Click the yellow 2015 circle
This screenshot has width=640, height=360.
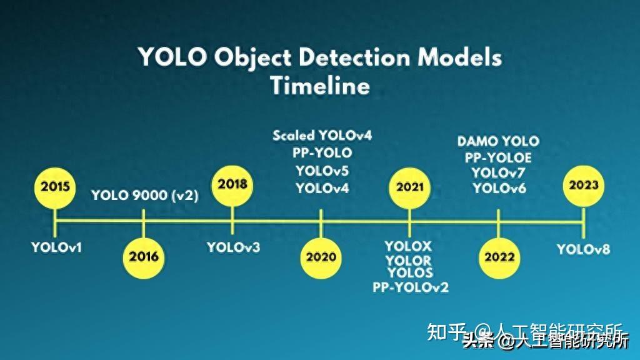tap(56, 186)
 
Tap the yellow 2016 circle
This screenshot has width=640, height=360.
tap(144, 256)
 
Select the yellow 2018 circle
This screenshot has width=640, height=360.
tap(232, 184)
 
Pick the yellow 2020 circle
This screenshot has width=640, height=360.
tap(321, 257)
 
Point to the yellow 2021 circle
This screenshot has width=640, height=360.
tap(410, 187)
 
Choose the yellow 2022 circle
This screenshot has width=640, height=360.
tap(499, 257)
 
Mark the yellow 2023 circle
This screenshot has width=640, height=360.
tap(583, 185)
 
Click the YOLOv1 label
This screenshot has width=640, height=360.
tap(57, 247)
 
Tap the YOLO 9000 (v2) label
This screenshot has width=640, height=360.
tap(144, 195)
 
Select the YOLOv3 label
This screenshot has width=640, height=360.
tap(233, 247)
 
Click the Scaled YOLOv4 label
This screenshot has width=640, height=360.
tap(322, 135)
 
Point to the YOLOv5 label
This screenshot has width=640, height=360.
tap(322, 171)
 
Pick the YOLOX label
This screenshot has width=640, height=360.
tap(408, 247)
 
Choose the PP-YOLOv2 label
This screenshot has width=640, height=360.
tap(411, 287)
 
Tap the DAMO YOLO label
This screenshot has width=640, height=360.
tap(498, 141)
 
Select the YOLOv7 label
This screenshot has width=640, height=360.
tap(499, 173)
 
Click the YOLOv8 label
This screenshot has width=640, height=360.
tap(583, 249)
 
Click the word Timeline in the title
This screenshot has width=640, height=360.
tap(320, 85)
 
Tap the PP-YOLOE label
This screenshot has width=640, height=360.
tap(498, 157)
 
